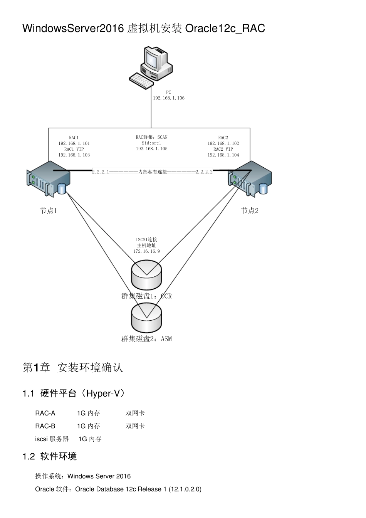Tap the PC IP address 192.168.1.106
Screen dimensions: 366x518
[169, 98]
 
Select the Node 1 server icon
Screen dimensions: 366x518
[48, 179]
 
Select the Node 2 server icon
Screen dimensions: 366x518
[250, 179]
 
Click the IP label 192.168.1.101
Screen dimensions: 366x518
[74, 143]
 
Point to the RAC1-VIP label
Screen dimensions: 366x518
[74, 149]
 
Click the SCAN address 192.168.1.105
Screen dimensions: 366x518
[152, 149]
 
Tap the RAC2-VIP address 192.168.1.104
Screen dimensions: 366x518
[223, 155]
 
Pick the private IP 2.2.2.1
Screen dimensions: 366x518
[100, 172]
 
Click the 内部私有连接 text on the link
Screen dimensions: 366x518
[153, 172]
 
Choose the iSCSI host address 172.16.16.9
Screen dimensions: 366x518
[146, 251]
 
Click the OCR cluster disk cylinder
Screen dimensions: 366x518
[146, 275]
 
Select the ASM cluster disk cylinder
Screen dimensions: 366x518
[146, 318]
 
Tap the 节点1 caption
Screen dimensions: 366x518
[48, 211]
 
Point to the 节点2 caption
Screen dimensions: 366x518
[250, 211]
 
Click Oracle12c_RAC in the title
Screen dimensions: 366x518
[225, 29]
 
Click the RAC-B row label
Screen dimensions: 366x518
[45, 426]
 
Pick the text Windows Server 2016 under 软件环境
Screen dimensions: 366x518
[99, 476]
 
